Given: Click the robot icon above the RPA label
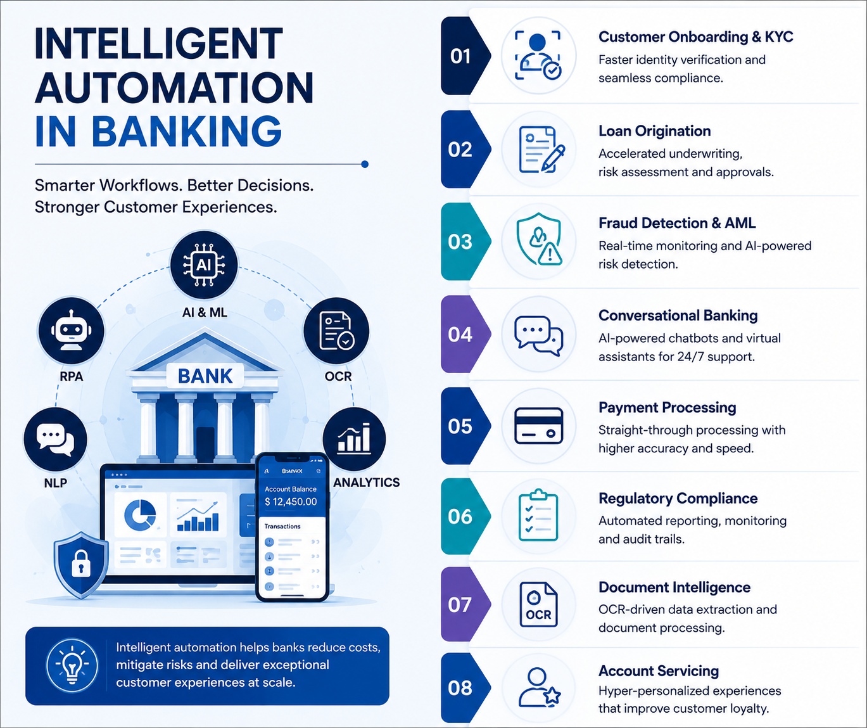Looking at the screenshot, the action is [72, 330].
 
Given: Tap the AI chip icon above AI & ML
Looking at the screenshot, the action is [204, 265].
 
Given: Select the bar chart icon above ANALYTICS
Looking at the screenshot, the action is [354, 438].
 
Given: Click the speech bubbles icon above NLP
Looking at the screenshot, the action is [55, 439].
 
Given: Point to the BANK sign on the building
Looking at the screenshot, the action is [205, 376].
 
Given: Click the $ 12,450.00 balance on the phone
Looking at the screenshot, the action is [291, 502].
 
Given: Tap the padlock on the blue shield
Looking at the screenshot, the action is [81, 563].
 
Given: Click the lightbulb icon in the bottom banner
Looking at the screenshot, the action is [72, 665].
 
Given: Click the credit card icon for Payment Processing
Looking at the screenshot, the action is [538, 426].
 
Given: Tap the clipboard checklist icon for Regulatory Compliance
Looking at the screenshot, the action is [538, 515].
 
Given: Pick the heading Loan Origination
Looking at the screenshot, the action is [654, 131].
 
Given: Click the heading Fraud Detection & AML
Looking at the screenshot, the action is [677, 223].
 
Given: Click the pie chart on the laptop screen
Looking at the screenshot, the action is [140, 515].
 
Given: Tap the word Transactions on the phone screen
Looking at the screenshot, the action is [282, 527].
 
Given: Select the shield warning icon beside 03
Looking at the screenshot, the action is [539, 239].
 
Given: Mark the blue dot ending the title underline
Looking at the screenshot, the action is [365, 164].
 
